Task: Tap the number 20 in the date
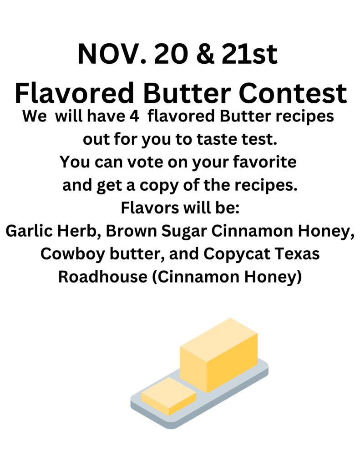171,54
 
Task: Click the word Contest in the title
293,93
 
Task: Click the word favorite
265,162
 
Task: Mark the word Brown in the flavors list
132,231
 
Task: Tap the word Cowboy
72,254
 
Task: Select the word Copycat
237,254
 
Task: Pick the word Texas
297,254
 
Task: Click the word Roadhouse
103,277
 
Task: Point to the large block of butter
219,355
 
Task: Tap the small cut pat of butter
168,396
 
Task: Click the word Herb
77,231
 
